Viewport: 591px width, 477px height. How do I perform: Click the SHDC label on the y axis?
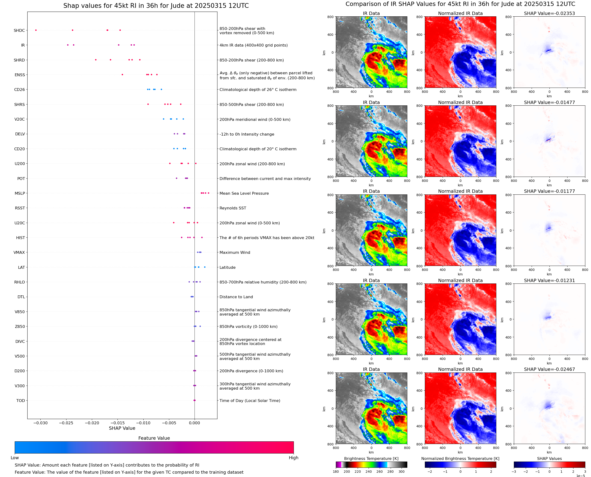19,30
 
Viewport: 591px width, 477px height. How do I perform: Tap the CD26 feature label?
19,90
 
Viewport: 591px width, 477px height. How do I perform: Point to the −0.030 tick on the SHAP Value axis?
40,423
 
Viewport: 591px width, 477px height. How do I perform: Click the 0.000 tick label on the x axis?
194,423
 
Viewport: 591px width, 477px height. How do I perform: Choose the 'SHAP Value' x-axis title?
122,428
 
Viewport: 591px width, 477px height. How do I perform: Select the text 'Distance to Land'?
236,297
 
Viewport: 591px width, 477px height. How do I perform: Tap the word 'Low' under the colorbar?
14,458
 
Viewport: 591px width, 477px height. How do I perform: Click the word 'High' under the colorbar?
293,458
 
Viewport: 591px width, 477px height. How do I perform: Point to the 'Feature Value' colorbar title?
154,438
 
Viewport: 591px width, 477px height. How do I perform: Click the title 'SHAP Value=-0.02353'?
549,14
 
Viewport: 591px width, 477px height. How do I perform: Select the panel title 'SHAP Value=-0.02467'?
549,369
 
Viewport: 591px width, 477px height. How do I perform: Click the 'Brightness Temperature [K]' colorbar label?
371,458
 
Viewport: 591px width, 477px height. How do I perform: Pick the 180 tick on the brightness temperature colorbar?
336,472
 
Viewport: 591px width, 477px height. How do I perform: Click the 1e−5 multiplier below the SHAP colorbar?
580,476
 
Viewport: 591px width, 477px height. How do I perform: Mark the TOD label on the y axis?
21,401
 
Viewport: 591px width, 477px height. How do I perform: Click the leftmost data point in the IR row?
68,45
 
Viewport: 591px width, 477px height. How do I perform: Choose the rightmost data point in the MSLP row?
208,193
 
